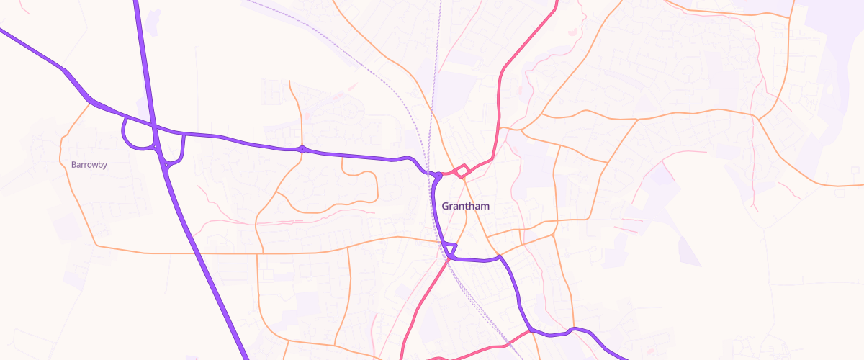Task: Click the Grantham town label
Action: point(465,206)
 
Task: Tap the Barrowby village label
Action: point(89,165)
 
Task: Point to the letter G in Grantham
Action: point(445,206)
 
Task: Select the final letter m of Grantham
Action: point(485,206)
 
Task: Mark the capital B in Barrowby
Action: point(73,165)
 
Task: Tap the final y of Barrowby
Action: point(105,166)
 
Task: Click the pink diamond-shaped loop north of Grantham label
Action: point(462,171)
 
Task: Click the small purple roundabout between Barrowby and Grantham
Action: point(302,149)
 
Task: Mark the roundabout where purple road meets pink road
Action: point(437,174)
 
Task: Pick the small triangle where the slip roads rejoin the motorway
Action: point(167,166)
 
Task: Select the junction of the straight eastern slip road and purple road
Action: point(184,135)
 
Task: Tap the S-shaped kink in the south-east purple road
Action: point(572,330)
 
